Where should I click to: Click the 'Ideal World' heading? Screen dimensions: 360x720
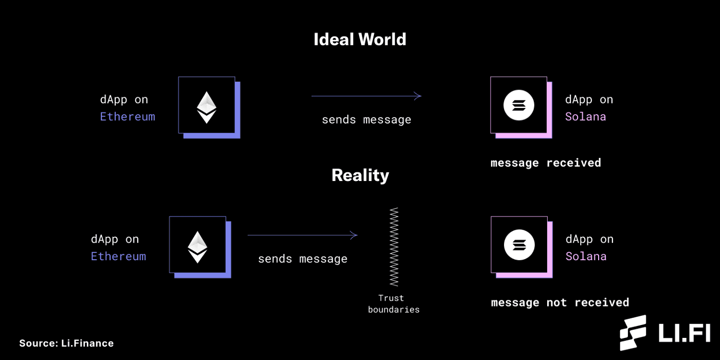360,40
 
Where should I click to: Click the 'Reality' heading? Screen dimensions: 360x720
360,175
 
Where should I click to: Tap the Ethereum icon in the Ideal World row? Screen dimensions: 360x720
207,106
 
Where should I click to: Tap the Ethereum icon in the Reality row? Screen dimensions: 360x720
197,245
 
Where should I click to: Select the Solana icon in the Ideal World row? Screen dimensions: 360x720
518,105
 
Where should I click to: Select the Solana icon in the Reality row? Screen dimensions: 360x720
519,245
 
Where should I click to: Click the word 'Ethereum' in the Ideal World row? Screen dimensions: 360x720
128,117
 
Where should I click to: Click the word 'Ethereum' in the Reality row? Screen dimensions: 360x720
118,256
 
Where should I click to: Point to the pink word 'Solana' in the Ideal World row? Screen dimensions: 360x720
585,117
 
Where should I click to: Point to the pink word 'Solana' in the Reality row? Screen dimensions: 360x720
586,256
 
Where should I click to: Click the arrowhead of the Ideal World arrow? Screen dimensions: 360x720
419,96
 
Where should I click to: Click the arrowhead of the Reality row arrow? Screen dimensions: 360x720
355,236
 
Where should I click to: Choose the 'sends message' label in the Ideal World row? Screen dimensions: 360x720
366,120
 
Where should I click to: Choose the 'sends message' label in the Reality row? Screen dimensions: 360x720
302,259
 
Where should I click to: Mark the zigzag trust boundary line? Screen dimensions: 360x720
394,247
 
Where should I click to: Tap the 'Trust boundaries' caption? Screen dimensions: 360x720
393,304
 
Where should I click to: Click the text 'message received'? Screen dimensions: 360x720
546,163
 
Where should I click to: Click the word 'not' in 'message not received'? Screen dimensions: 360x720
556,302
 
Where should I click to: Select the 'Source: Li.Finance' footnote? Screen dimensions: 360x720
66,343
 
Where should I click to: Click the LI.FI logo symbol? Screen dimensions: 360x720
633,333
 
